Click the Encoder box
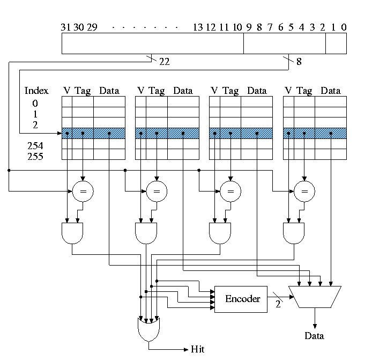coord(242,299)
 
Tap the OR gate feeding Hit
coord(149,329)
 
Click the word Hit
coord(198,349)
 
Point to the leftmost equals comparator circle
coord(83,190)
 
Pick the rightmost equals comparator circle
coord(304,190)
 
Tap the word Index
coord(36,91)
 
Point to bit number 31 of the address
coord(66,27)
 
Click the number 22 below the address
coord(165,62)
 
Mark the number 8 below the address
coord(299,62)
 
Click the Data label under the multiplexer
coord(314,336)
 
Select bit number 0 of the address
coord(343,27)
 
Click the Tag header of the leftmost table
coord(83,91)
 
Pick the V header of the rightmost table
coord(288,91)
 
